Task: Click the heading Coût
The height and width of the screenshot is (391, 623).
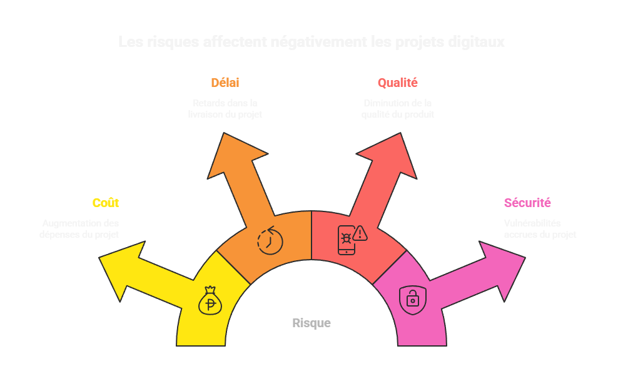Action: (x=105, y=203)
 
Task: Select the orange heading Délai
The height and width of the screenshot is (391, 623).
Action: (x=225, y=83)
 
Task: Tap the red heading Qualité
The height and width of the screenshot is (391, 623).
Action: (x=397, y=83)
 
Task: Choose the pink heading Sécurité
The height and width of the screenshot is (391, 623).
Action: (x=527, y=203)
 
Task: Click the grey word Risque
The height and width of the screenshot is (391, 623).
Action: (x=311, y=323)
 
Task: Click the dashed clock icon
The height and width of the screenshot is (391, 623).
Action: (x=270, y=240)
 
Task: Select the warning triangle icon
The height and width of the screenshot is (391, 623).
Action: (x=360, y=233)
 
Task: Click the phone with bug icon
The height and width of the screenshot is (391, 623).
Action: (x=346, y=240)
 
